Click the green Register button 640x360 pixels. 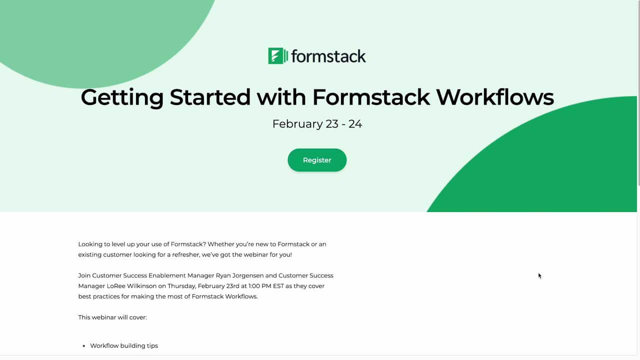tap(317, 160)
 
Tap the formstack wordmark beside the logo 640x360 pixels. tap(328, 56)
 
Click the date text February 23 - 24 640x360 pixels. tap(317, 124)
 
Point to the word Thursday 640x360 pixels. tap(180, 286)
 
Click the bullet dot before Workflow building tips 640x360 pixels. tap(83, 346)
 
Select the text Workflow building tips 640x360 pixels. tap(124, 345)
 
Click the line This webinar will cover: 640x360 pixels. tap(112, 317)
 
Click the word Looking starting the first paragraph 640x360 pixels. tap(91, 244)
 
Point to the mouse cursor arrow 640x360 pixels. tap(539, 275)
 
